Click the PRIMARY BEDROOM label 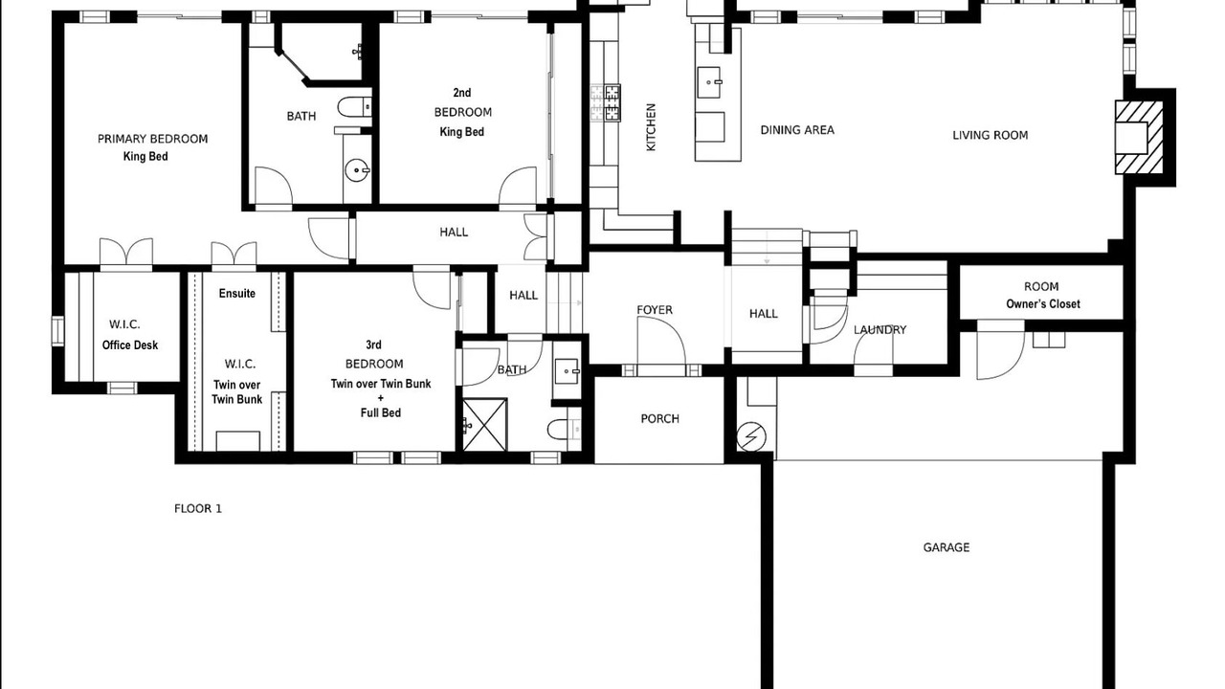click(152, 139)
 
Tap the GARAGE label click(947, 547)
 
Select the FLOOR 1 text click(198, 509)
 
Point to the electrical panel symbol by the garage click(751, 437)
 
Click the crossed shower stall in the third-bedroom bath click(485, 425)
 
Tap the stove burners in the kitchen click(606, 102)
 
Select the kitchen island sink click(710, 82)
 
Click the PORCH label click(660, 419)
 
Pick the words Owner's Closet click(1043, 304)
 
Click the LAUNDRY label click(880, 330)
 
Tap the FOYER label click(655, 310)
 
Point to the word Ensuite click(236, 293)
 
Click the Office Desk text click(130, 345)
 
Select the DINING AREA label click(797, 130)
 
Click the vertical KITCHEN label click(651, 127)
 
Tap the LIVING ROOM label click(990, 135)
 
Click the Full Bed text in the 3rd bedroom click(381, 412)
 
